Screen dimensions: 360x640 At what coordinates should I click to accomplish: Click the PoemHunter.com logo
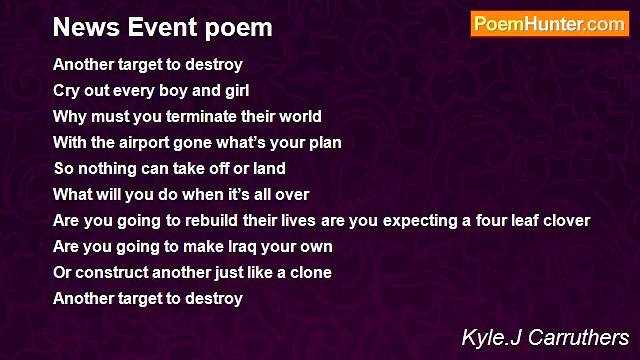point(549,24)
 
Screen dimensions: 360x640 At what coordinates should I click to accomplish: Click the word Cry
point(66,91)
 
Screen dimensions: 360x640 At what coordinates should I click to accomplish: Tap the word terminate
point(206,117)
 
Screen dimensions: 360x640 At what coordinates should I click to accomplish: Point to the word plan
point(324,143)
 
